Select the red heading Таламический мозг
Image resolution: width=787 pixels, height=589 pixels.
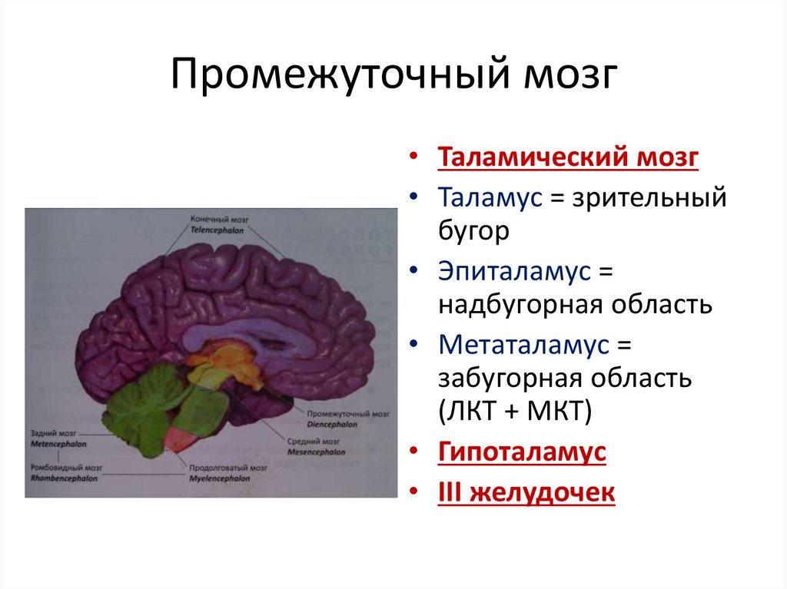tap(568, 157)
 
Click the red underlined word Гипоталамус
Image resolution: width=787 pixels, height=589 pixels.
tap(522, 452)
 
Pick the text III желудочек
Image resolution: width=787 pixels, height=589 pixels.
tap(526, 491)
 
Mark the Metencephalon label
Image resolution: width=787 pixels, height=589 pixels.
tap(59, 444)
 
